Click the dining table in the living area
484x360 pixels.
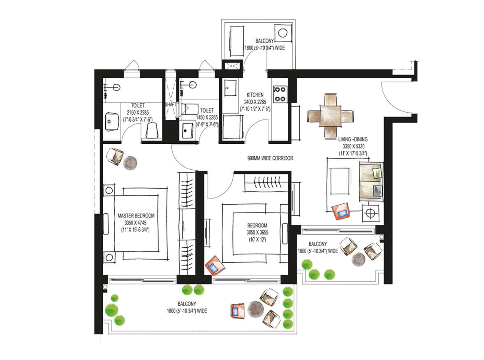(x=331, y=115)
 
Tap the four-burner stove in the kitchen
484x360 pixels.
(x=280, y=94)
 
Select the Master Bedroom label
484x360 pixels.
(x=136, y=216)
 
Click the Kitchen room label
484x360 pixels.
(x=255, y=95)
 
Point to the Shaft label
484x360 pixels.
(x=171, y=104)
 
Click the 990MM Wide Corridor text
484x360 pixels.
(x=270, y=158)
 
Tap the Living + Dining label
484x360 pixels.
(x=353, y=139)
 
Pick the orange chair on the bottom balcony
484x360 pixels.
(x=237, y=311)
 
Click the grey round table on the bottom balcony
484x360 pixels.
(x=256, y=309)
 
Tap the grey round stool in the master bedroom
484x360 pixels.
(x=130, y=163)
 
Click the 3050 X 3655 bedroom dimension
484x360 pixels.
(x=257, y=233)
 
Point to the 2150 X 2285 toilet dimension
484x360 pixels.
(x=138, y=113)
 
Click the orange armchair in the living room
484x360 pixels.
(x=341, y=211)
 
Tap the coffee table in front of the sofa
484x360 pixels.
(x=340, y=181)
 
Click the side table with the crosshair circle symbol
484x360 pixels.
(x=371, y=213)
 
